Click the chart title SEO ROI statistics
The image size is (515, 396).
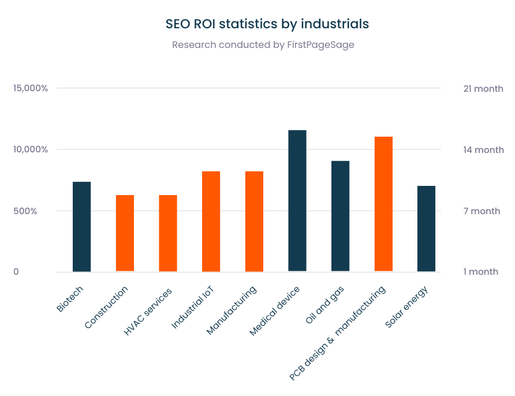pos(267,24)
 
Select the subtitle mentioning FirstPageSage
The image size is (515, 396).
pos(263,45)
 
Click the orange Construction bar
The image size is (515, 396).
pos(125,233)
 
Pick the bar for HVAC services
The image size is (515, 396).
pos(168,233)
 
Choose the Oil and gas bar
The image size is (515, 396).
pos(340,216)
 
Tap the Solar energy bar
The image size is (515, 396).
pos(426,229)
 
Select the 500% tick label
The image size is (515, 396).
pos(26,211)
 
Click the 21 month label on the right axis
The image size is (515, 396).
pos(483,88)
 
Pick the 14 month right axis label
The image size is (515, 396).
pos(483,150)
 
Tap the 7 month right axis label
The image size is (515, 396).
pos(482,211)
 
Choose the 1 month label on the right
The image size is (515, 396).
pos(480,271)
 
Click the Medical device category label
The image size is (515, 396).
pos(275,312)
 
